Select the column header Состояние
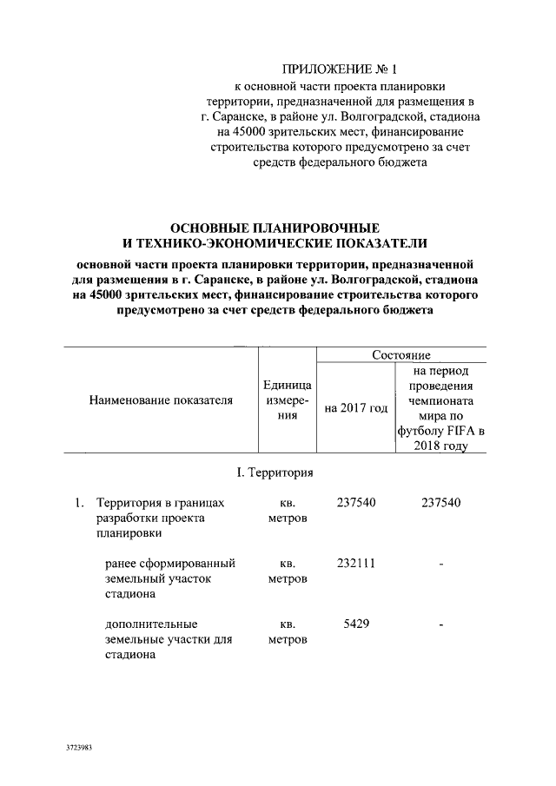tap(401, 354)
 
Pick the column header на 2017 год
tap(355, 408)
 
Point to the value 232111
tap(355, 562)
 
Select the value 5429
tap(355, 623)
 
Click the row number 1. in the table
tap(79, 502)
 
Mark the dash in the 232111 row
tap(441, 565)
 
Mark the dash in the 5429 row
tap(441, 625)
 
